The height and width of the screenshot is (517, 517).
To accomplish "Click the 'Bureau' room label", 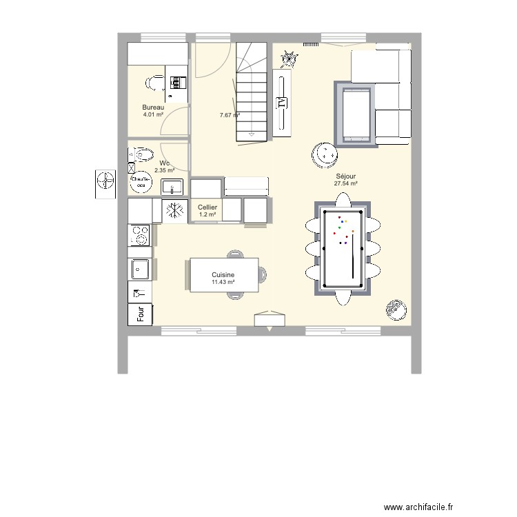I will tap(153, 108).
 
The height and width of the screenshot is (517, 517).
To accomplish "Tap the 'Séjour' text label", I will tap(345, 176).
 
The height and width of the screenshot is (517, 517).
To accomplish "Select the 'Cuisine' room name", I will tap(223, 274).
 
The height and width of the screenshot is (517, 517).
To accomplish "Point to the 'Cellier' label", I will tap(207, 207).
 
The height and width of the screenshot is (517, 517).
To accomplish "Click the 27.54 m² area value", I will tap(345, 184).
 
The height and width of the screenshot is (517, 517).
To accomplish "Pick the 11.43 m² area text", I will tap(223, 282).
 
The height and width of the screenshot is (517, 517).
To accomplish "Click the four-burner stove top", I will tap(141, 235).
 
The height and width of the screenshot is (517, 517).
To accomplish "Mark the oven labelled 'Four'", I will tap(141, 314).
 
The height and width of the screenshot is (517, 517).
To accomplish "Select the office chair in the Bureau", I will tap(152, 83).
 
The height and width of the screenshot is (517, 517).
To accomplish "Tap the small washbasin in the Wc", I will tap(172, 186).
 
